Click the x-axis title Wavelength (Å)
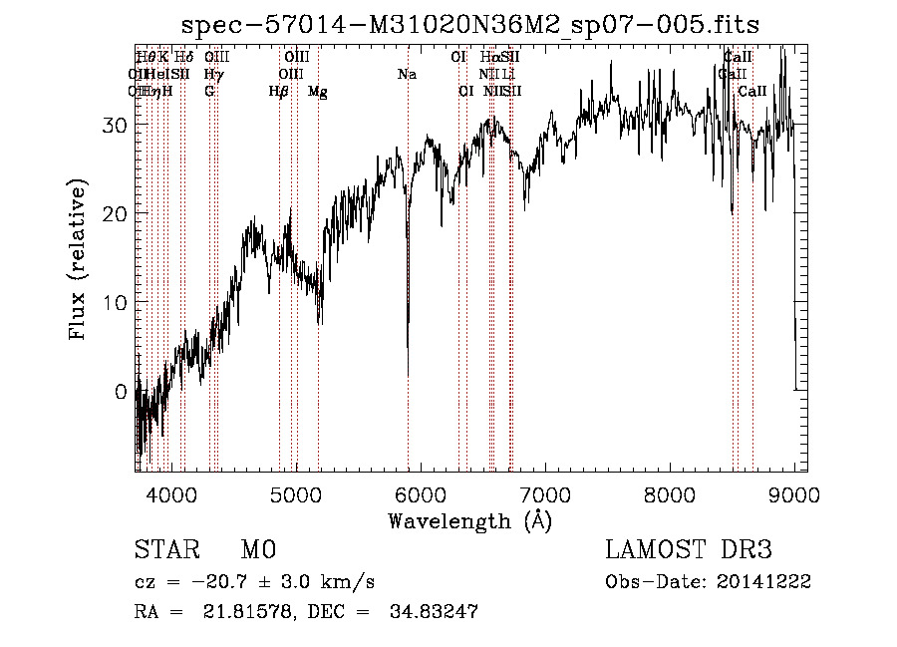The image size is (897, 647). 469,520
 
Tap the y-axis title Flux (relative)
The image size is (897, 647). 78,259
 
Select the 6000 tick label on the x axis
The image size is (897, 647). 421,493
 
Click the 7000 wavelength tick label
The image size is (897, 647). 545,493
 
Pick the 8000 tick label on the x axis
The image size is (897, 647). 670,493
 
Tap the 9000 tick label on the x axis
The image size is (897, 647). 794,493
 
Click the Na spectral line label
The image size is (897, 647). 407,75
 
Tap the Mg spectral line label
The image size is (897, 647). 318,92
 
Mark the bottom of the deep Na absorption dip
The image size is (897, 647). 408,374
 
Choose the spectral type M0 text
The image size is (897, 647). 258,550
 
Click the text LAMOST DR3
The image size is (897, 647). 689,550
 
